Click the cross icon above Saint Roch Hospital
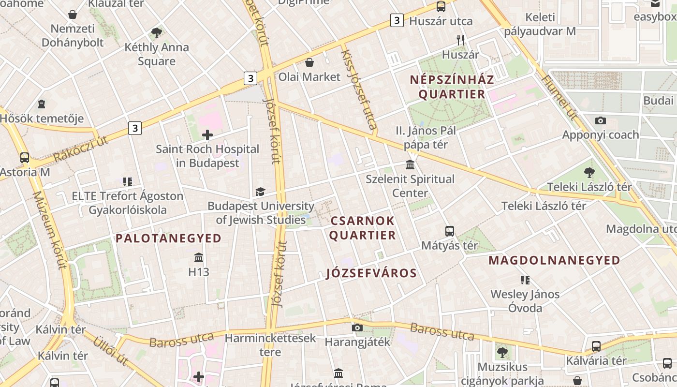pos(207,134)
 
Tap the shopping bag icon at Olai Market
pos(309,63)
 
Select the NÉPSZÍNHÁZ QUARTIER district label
pos(452,87)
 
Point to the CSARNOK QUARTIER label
pos(363,228)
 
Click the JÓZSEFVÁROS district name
pos(371,273)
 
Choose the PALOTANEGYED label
pos(168,238)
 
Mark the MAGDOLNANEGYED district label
pos(554,260)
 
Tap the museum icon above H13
pos(199,257)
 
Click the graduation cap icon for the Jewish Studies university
pos(260,192)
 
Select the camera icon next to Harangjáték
pos(357,327)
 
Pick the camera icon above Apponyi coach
pos(601,120)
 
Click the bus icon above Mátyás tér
pos(450,231)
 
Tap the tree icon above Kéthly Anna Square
pos(156,33)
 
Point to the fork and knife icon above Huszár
pos(460,40)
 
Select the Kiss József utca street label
pos(359,89)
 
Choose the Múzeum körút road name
pos(50,230)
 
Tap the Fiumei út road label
pos(559,97)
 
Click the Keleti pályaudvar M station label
pos(540,24)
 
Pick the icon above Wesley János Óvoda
pos(525,280)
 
